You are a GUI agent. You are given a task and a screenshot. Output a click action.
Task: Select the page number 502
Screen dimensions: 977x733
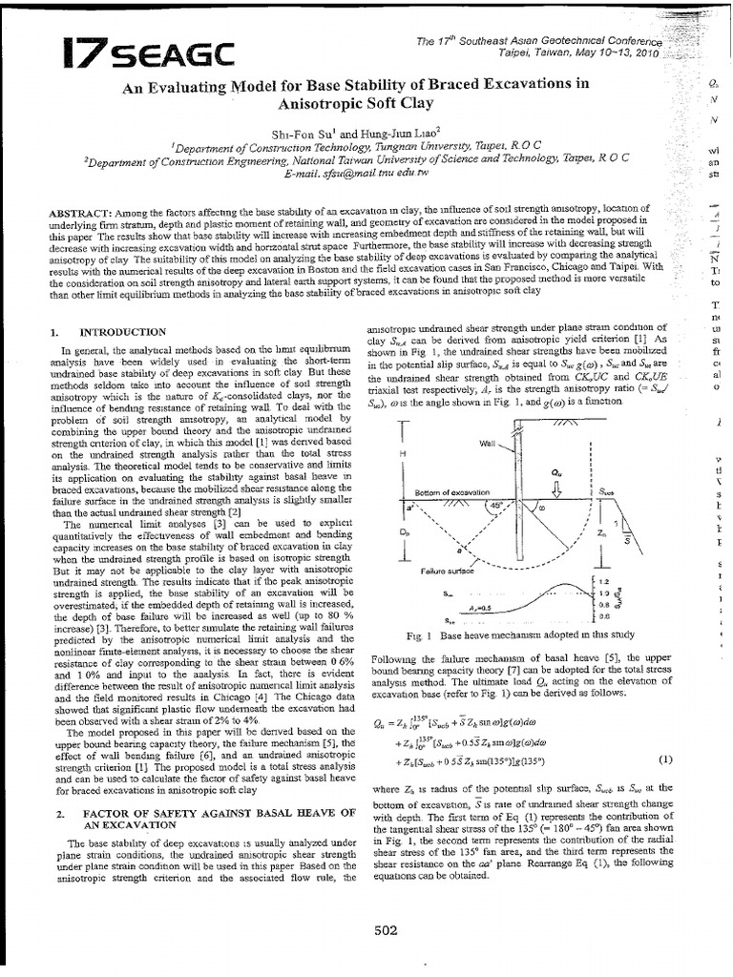(x=385, y=932)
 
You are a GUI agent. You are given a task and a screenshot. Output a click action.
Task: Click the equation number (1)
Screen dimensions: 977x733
(x=663, y=759)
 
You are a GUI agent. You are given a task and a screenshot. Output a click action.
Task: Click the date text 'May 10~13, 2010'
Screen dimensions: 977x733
(x=618, y=54)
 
